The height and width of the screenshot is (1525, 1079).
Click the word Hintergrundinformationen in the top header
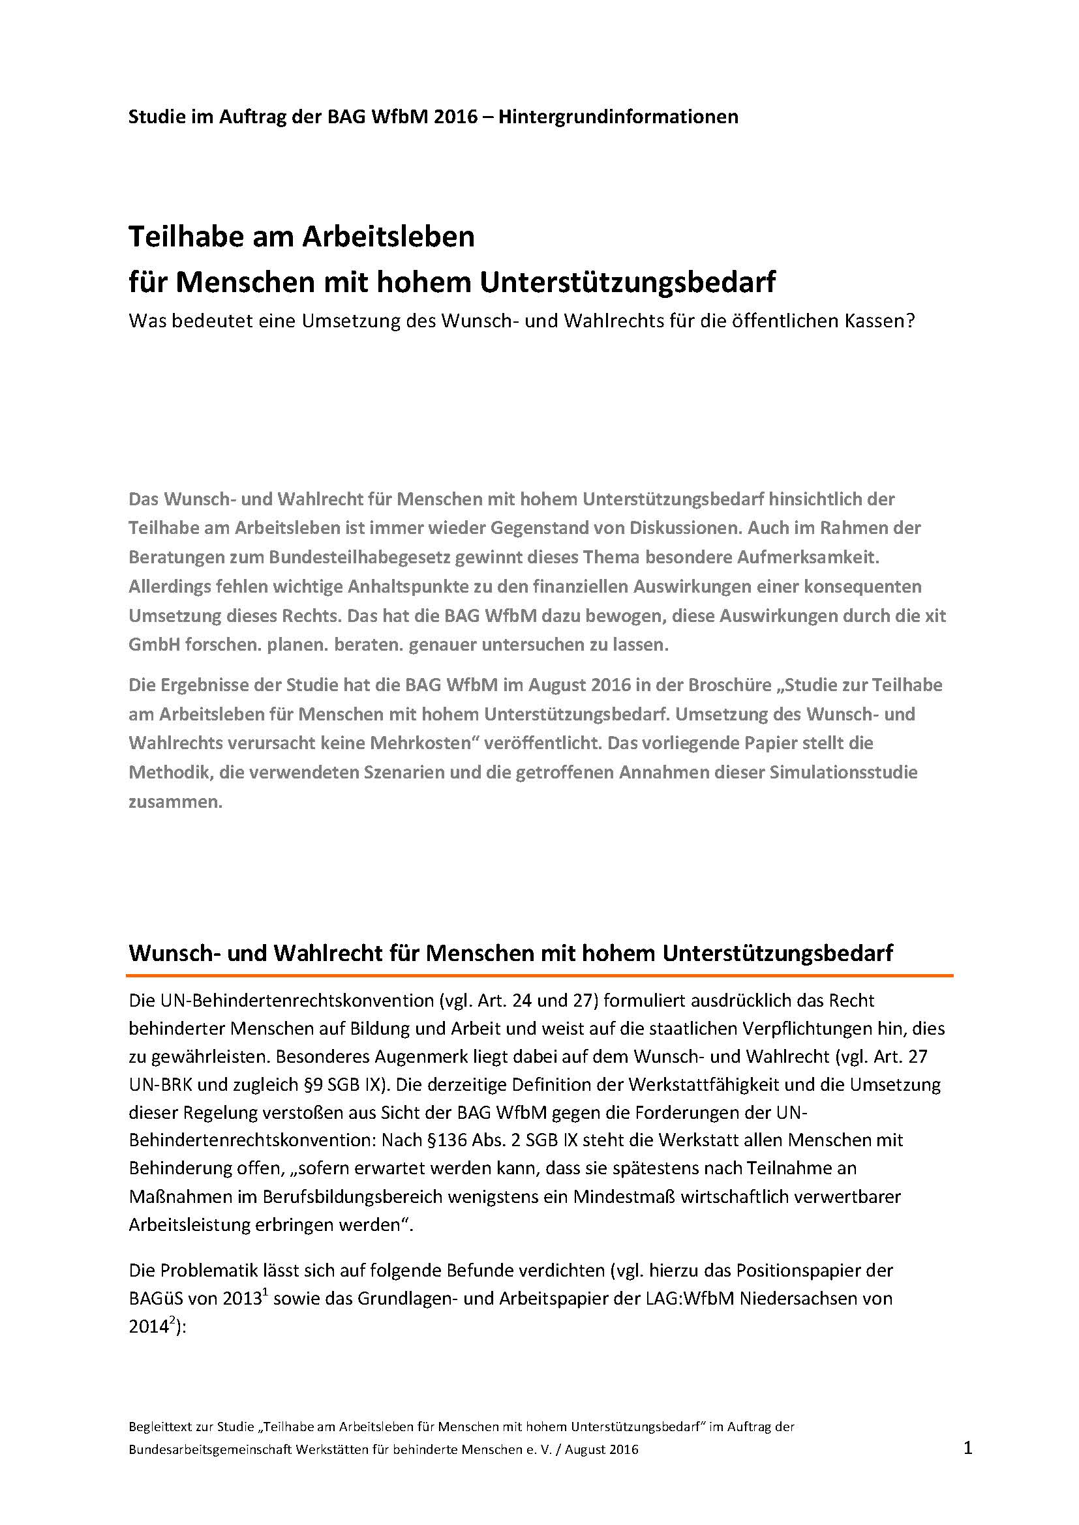tap(618, 117)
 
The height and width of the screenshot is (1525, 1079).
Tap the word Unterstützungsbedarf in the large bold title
tap(625, 283)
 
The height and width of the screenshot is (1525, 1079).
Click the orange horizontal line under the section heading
tap(539, 976)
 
